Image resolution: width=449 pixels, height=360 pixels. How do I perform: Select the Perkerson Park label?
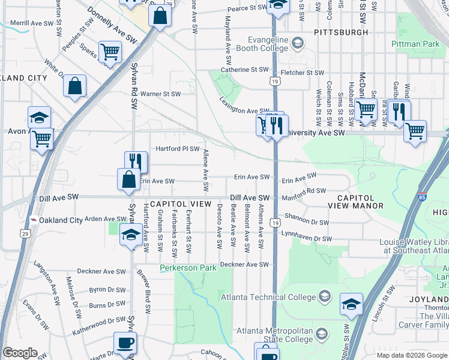(187, 268)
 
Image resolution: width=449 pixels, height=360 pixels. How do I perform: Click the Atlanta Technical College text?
(268, 297)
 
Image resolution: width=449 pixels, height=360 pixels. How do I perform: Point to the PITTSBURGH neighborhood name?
(341, 31)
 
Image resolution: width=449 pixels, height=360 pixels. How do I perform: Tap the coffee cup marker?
(125, 343)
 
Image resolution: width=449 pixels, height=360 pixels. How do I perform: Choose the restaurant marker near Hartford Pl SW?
(136, 162)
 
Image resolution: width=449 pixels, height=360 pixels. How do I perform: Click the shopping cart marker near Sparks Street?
(110, 52)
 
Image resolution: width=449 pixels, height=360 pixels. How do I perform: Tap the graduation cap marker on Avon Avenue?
(40, 117)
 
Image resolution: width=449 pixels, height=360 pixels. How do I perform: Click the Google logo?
(20, 353)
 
